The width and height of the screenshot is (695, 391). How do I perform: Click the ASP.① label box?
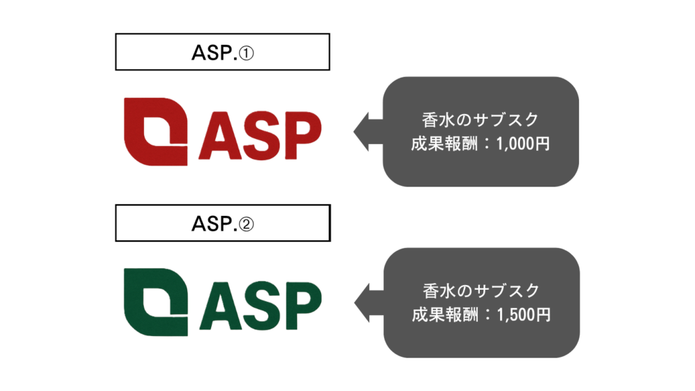[222, 52]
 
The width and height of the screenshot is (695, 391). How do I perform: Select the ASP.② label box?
[222, 223]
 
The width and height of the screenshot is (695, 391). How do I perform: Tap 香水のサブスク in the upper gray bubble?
[481, 120]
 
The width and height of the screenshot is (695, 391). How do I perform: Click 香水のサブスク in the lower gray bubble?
[481, 291]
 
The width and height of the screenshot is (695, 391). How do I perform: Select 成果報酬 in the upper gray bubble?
[446, 144]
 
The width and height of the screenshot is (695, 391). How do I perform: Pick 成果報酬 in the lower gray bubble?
[446, 315]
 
